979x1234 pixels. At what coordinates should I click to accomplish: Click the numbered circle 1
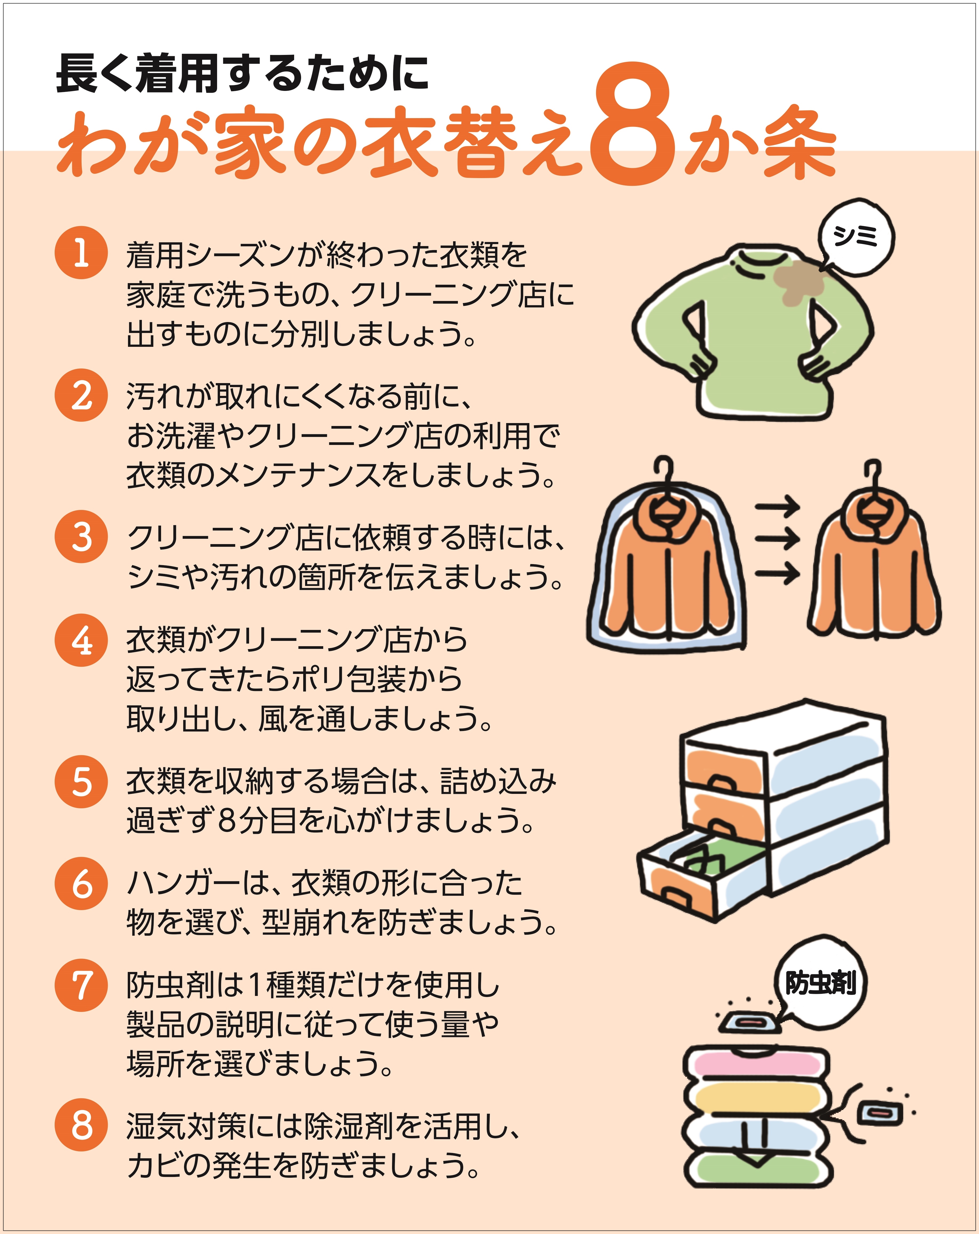pos(81,253)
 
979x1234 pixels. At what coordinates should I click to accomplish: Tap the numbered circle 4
pos(81,640)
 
